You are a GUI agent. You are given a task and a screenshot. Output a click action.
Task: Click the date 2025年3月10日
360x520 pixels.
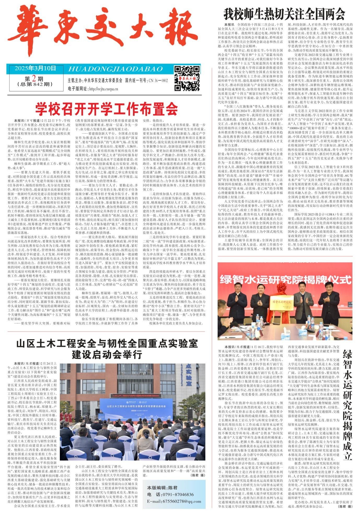35,68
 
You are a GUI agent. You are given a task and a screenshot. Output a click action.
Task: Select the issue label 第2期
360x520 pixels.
34,78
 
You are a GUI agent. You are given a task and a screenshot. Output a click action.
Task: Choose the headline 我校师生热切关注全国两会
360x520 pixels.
284,14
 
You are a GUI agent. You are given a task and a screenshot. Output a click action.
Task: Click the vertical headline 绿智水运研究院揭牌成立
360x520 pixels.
347,402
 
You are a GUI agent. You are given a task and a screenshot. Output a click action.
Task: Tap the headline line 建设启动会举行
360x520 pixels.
107,354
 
